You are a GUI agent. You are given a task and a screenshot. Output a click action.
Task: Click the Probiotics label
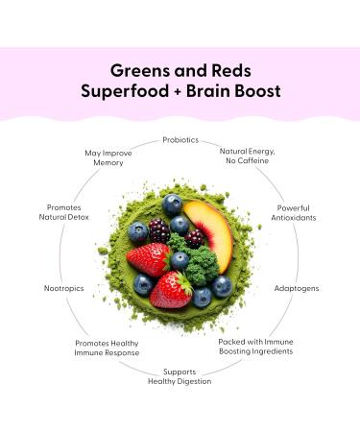(x=180, y=140)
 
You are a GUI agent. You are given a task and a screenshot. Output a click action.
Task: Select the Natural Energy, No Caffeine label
(x=248, y=156)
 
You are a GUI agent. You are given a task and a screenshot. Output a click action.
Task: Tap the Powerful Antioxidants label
(x=293, y=212)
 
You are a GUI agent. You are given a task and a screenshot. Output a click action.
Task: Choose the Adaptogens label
(x=297, y=287)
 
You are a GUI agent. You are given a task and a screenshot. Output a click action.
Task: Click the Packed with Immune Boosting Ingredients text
(x=254, y=346)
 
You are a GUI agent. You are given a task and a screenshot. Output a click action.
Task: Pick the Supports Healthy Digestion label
(x=180, y=376)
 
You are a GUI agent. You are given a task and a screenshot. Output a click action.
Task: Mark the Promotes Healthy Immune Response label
(x=108, y=348)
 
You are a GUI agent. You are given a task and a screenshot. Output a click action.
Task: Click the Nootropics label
(x=63, y=287)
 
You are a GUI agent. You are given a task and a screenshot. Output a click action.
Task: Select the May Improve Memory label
(x=107, y=157)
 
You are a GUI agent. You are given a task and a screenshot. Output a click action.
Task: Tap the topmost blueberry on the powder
(x=173, y=203)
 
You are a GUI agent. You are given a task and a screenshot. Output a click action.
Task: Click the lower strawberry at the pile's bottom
(x=171, y=291)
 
